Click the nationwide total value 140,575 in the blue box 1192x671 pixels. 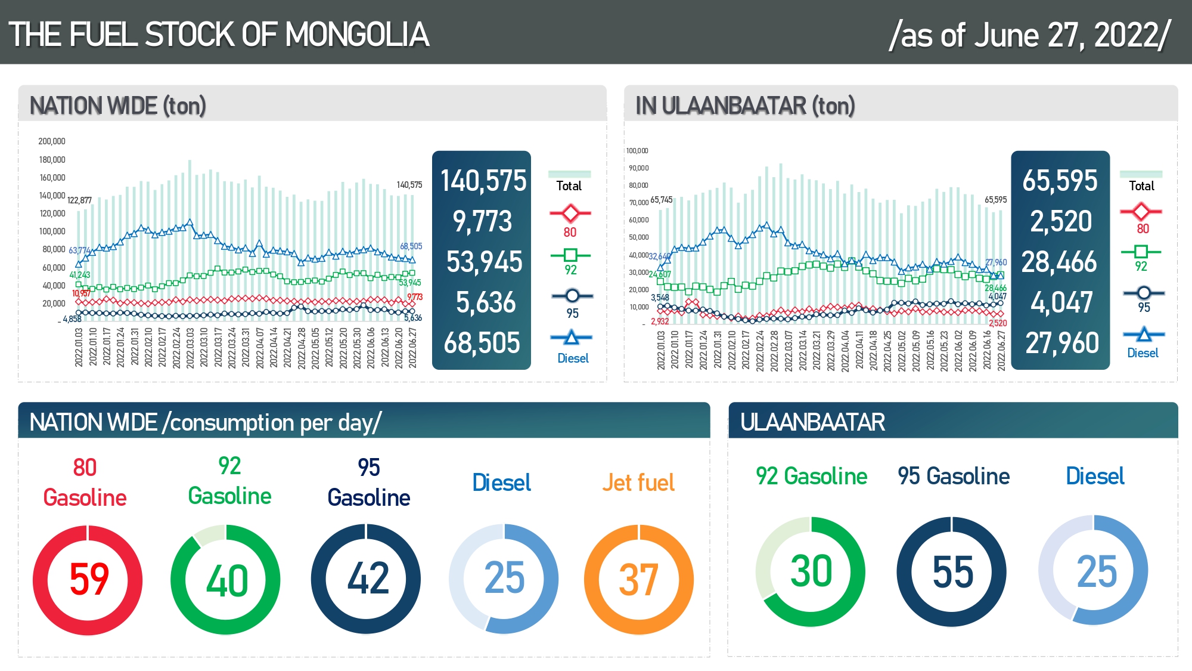483,181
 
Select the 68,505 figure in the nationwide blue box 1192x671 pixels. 482,343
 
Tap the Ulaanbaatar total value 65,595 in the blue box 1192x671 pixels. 1060,181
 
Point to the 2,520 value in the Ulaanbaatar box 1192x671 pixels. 1061,221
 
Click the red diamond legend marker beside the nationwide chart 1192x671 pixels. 570,213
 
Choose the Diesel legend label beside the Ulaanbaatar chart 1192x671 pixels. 1143,353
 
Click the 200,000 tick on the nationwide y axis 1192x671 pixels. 52,141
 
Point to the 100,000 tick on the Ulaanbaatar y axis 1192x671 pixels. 637,151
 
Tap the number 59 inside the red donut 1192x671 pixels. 89,579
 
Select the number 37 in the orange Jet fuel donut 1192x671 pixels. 638,580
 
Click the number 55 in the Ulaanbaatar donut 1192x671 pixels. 952,572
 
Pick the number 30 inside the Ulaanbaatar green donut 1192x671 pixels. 811,571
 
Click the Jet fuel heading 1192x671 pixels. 638,483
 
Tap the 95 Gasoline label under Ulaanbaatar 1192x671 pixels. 954,476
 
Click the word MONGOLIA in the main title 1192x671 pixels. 357,35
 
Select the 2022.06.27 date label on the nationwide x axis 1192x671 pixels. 412,348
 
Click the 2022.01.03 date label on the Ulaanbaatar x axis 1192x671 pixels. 661,351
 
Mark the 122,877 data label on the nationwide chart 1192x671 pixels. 79,200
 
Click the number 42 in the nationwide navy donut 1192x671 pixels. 368,578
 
